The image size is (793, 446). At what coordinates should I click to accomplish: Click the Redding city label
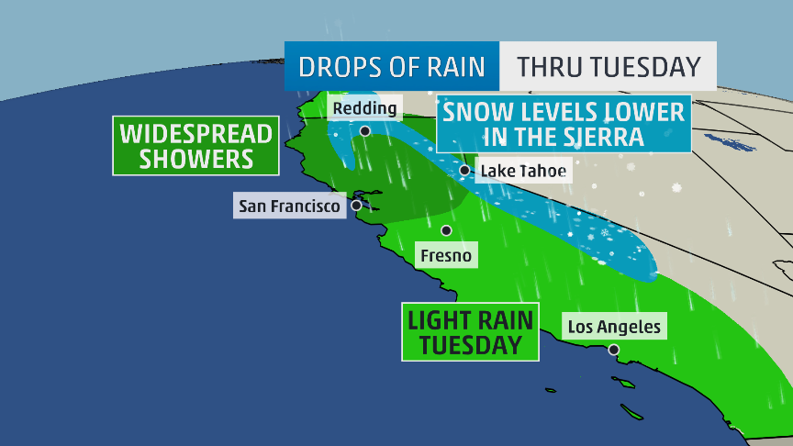click(364, 108)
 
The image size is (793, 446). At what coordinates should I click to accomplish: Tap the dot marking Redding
click(365, 130)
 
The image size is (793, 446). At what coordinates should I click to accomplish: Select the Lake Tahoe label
click(522, 171)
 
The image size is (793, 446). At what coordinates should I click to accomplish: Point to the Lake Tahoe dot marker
click(465, 170)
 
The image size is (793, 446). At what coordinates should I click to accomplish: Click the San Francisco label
click(289, 206)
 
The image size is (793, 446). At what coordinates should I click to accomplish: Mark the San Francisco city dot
click(356, 206)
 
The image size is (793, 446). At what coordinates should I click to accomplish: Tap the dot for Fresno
click(446, 230)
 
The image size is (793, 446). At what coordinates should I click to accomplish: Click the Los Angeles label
click(614, 326)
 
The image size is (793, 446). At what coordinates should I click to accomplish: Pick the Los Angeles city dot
click(613, 349)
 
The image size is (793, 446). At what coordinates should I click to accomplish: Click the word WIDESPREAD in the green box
click(196, 133)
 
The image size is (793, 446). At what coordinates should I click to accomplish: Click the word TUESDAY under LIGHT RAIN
click(467, 345)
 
